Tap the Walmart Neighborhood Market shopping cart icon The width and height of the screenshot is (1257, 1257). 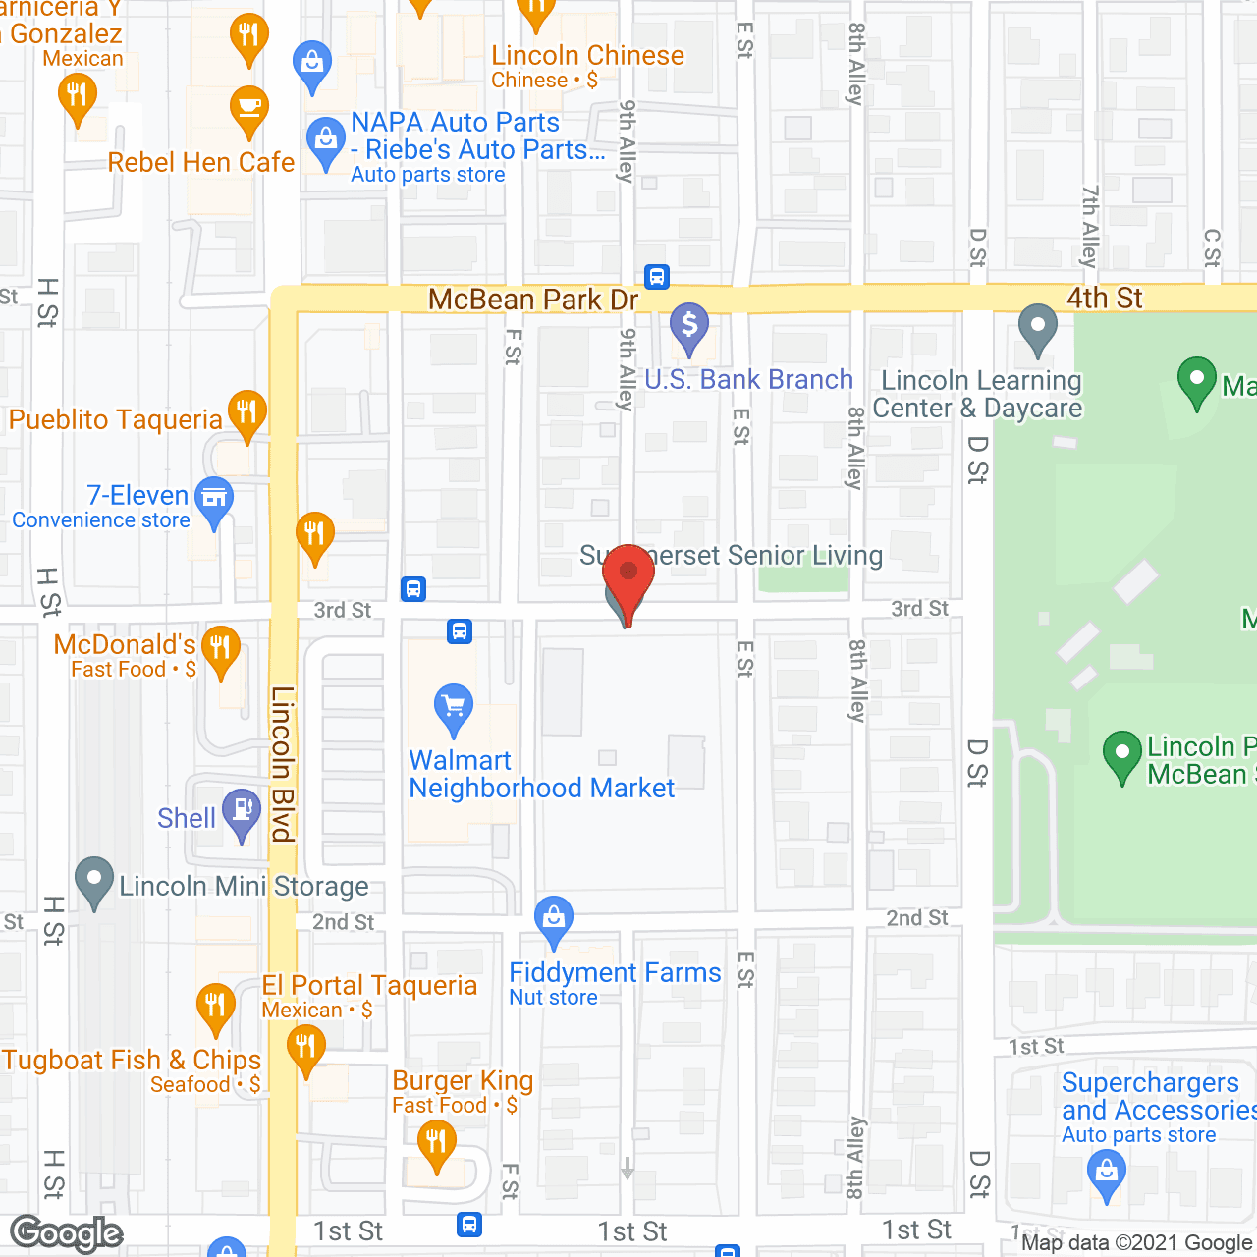(454, 706)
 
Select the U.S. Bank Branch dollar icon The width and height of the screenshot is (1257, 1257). (689, 325)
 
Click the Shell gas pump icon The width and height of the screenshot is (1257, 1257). (241, 811)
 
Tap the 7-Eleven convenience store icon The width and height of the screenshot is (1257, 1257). (213, 498)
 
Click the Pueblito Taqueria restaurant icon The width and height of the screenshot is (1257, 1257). (246, 412)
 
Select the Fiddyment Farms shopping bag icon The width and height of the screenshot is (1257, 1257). (554, 918)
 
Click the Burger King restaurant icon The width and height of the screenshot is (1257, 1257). (436, 1143)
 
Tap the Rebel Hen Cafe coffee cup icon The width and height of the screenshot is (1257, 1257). (249, 107)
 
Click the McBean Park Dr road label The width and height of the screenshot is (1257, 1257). (533, 300)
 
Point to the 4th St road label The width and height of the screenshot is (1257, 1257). (1104, 298)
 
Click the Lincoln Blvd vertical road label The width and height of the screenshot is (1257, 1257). (283, 763)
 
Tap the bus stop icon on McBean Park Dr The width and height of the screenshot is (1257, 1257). (657, 277)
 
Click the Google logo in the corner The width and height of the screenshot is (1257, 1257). (67, 1233)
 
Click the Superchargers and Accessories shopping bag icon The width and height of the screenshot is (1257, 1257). (1107, 1173)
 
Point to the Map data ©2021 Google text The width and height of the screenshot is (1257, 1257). (1136, 1242)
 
